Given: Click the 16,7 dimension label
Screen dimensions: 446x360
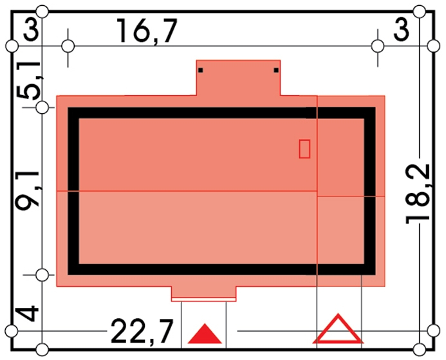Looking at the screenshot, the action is point(147,32).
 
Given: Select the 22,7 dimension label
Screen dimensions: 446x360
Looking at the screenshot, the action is point(142,331).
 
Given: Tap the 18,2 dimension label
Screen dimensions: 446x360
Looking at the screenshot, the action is point(418,194).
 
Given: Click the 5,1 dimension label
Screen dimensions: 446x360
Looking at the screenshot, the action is point(28,80).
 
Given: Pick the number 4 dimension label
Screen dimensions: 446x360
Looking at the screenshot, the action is point(27,314).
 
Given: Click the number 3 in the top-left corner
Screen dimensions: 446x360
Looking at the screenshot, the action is point(31,29).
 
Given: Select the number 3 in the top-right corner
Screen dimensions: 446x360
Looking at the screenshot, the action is point(402,29).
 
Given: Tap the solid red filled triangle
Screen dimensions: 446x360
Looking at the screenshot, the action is point(205,334).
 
